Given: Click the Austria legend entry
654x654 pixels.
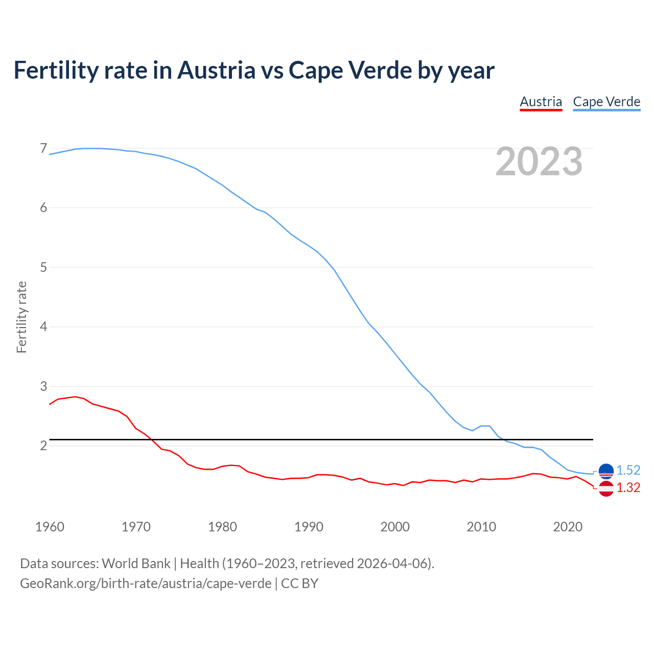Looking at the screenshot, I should (541, 102).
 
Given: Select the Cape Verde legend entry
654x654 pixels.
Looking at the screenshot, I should (606, 102).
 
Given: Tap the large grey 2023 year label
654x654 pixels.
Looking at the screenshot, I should (539, 161).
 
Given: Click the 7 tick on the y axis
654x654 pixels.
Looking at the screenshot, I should (43, 149).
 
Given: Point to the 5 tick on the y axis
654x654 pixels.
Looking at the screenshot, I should (43, 267).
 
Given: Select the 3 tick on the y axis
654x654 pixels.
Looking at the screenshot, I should (43, 386).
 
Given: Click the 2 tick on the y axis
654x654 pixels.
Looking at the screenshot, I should (43, 446).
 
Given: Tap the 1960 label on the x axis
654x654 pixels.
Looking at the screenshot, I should (50, 527).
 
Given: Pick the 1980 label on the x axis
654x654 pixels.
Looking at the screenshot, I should (222, 527).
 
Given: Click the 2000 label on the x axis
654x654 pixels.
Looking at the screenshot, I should (395, 527).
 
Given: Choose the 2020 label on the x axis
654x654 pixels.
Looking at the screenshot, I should (568, 527).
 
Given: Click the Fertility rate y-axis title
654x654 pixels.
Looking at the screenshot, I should (21, 317).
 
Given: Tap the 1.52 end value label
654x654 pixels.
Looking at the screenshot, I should (628, 470).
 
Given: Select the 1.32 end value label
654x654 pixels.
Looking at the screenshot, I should (628, 488).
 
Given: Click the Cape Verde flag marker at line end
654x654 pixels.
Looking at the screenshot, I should (606, 471).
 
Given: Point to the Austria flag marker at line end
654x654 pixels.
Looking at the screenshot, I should (606, 488).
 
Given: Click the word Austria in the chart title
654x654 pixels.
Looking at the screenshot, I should (216, 70).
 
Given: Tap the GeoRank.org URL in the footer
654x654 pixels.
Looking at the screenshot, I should (146, 583).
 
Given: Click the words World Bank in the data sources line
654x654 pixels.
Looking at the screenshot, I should (136, 563).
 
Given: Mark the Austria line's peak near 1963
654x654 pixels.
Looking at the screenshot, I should (75, 396).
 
